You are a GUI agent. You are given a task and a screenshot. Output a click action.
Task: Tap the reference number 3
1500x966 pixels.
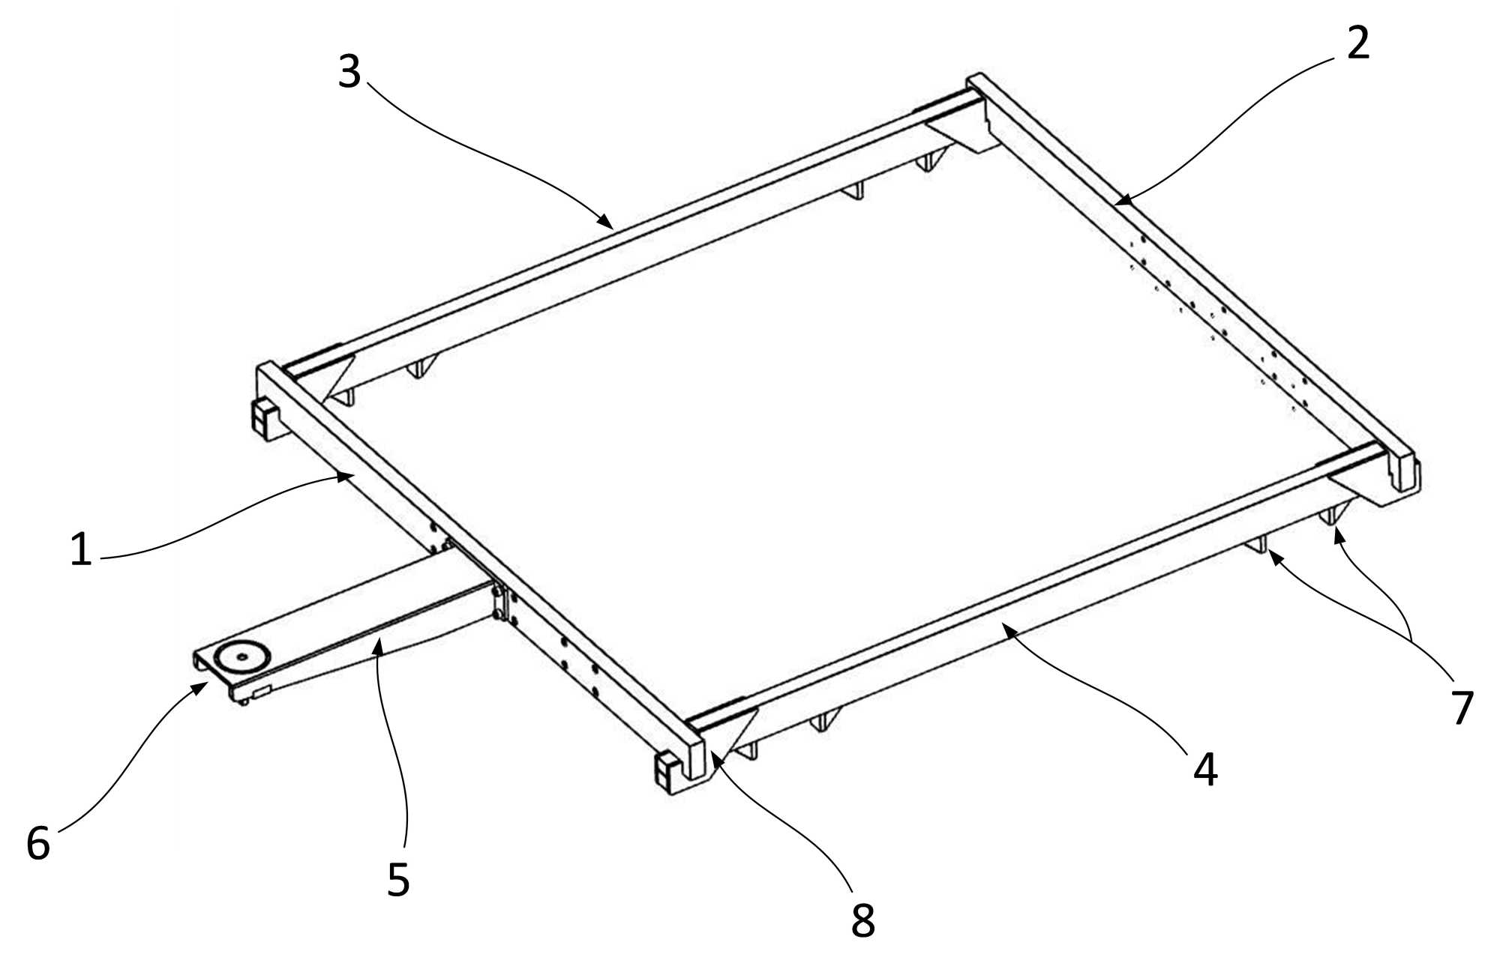(x=349, y=72)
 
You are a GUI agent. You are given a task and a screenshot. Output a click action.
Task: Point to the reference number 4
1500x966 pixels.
(x=1205, y=770)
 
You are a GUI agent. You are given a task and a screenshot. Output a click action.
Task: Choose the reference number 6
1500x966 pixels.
(x=38, y=842)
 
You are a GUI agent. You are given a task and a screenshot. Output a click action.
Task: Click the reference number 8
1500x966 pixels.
(x=863, y=920)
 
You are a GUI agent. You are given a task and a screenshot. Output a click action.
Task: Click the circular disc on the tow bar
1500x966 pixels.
(x=241, y=656)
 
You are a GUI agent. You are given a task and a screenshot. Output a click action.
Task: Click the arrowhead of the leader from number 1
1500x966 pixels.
(x=346, y=475)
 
